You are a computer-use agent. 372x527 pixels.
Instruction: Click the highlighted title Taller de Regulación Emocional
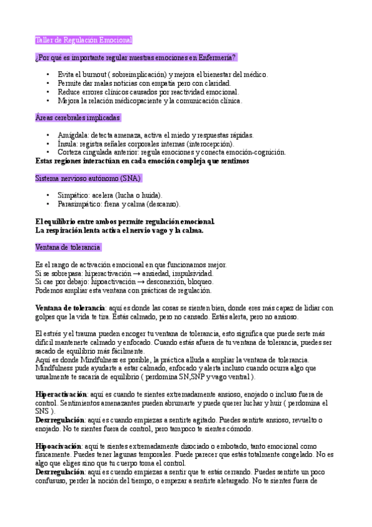[84, 40]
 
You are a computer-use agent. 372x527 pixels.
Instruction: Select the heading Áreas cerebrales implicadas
[78, 117]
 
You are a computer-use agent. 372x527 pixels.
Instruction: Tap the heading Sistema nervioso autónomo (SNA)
[88, 178]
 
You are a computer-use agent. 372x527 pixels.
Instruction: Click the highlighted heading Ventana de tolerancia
[68, 247]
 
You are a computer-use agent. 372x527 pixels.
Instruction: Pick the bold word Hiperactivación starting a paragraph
[61, 395]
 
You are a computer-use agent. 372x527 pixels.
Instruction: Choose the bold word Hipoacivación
[58, 446]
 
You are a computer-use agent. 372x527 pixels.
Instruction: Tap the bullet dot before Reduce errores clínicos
[49, 92]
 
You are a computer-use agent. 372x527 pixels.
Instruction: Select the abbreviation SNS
[43, 412]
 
